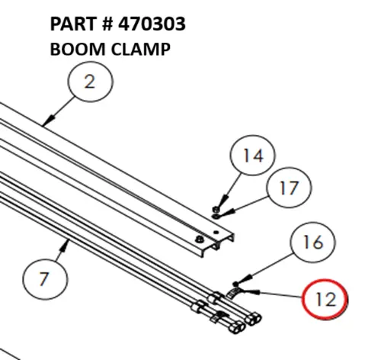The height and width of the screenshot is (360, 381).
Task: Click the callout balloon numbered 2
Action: [90, 82]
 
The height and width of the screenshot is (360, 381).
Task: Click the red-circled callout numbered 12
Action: [325, 298]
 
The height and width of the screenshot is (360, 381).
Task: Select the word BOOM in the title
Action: [72, 49]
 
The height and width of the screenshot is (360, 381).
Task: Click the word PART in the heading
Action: [69, 24]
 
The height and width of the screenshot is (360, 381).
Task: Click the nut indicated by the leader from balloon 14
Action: [216, 206]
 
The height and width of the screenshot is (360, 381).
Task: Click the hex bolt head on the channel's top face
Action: [200, 239]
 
